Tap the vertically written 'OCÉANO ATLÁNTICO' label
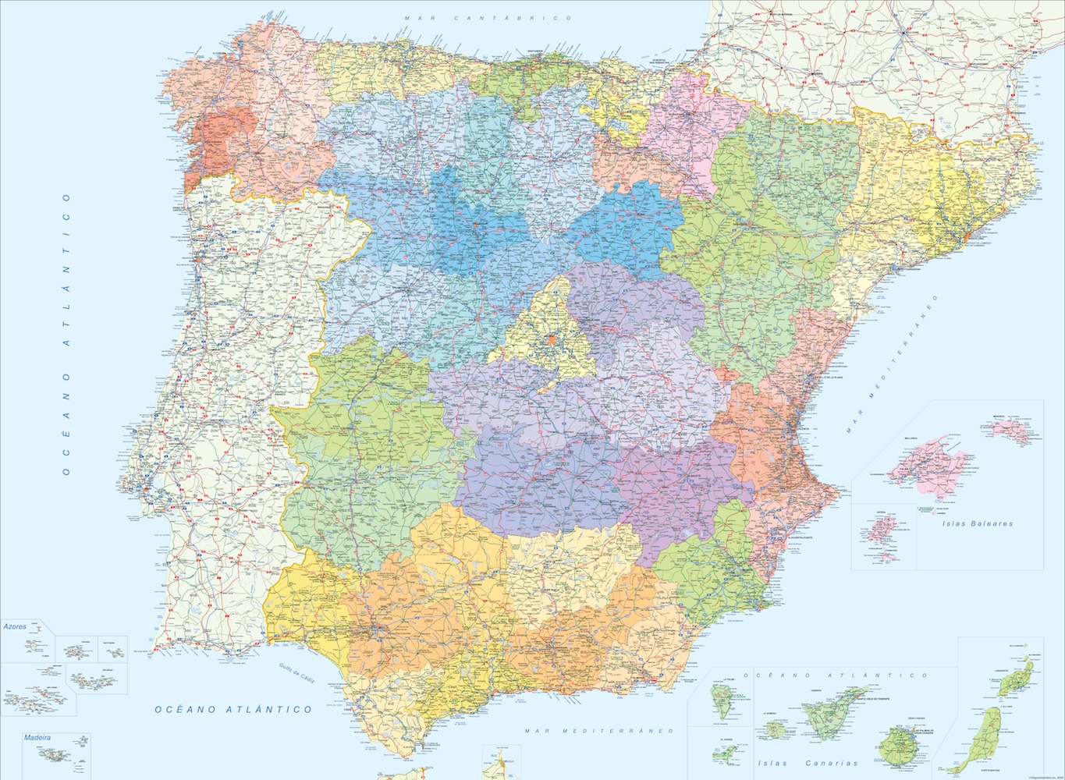67,335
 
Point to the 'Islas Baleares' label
977,524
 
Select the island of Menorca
1022,431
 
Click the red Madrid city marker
552,339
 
